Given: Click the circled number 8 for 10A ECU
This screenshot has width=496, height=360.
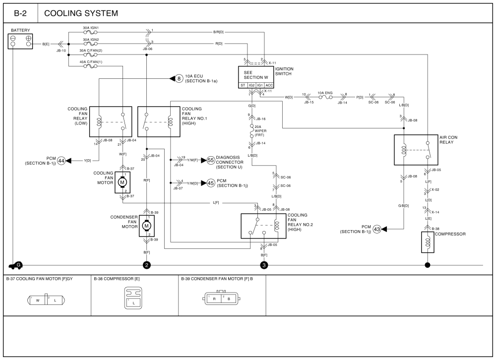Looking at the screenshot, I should pyautogui.click(x=179, y=78).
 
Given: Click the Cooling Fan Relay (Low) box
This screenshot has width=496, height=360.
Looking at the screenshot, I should pyautogui.click(x=111, y=121).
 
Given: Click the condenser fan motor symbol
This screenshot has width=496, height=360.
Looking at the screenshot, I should pyautogui.click(x=146, y=226).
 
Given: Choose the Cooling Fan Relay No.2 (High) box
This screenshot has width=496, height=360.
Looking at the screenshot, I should pyautogui.click(x=263, y=226).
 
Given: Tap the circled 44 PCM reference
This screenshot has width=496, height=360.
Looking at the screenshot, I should pyautogui.click(x=62, y=161).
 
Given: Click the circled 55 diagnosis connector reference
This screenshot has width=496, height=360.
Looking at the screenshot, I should pyautogui.click(x=210, y=160).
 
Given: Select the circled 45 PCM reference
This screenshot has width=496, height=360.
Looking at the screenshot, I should pyautogui.click(x=210, y=183).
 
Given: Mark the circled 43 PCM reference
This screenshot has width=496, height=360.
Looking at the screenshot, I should pyautogui.click(x=377, y=229).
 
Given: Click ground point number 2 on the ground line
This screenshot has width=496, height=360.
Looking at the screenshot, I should pyautogui.click(x=146, y=265).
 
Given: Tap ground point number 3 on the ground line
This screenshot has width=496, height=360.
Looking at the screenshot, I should pyautogui.click(x=264, y=265).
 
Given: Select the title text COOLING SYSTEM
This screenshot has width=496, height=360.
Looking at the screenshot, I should pyautogui.click(x=81, y=13).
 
